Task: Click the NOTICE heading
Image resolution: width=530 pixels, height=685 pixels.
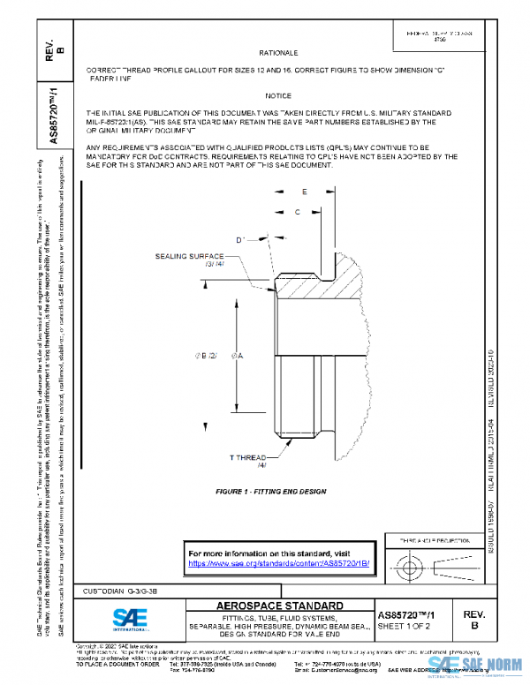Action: pyautogui.click(x=277, y=95)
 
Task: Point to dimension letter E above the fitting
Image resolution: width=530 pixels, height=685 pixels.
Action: pyautogui.click(x=304, y=191)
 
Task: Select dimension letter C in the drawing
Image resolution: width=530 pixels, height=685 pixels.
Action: pyautogui.click(x=297, y=212)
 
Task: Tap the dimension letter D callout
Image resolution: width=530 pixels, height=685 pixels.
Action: pyautogui.click(x=239, y=239)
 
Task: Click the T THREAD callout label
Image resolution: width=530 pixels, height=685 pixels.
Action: pyautogui.click(x=248, y=457)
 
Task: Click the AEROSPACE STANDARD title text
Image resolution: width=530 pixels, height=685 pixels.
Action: pyautogui.click(x=280, y=606)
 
